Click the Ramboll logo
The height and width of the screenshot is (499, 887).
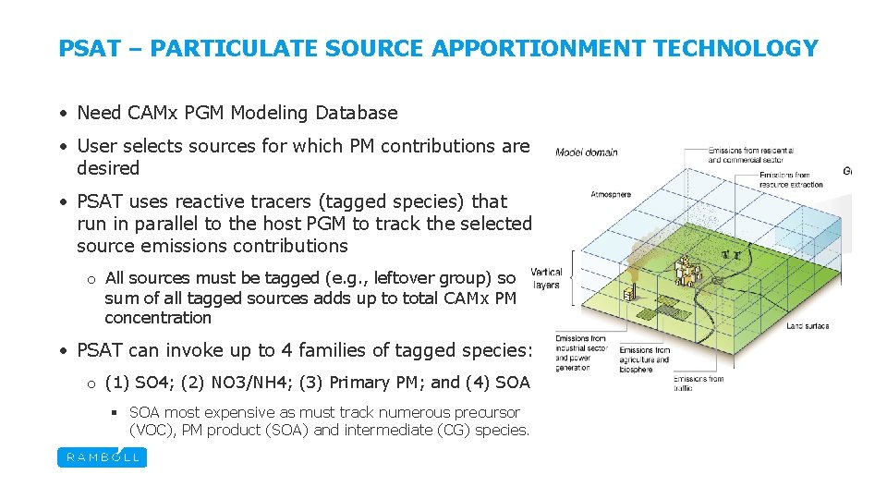(x=102, y=456)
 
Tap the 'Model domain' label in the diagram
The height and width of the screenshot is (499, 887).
(x=587, y=152)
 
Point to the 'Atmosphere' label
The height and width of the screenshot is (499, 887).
(x=611, y=195)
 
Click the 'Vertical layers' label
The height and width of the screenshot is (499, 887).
(x=545, y=279)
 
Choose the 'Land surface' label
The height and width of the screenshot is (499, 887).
(x=807, y=326)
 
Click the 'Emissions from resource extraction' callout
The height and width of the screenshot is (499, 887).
(x=791, y=179)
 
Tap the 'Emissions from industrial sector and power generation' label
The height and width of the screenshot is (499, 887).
(x=580, y=353)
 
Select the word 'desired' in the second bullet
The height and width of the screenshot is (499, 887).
(x=108, y=168)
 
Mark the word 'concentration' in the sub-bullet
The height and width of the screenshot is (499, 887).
(x=158, y=318)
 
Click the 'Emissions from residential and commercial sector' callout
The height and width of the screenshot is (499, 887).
(x=750, y=154)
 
